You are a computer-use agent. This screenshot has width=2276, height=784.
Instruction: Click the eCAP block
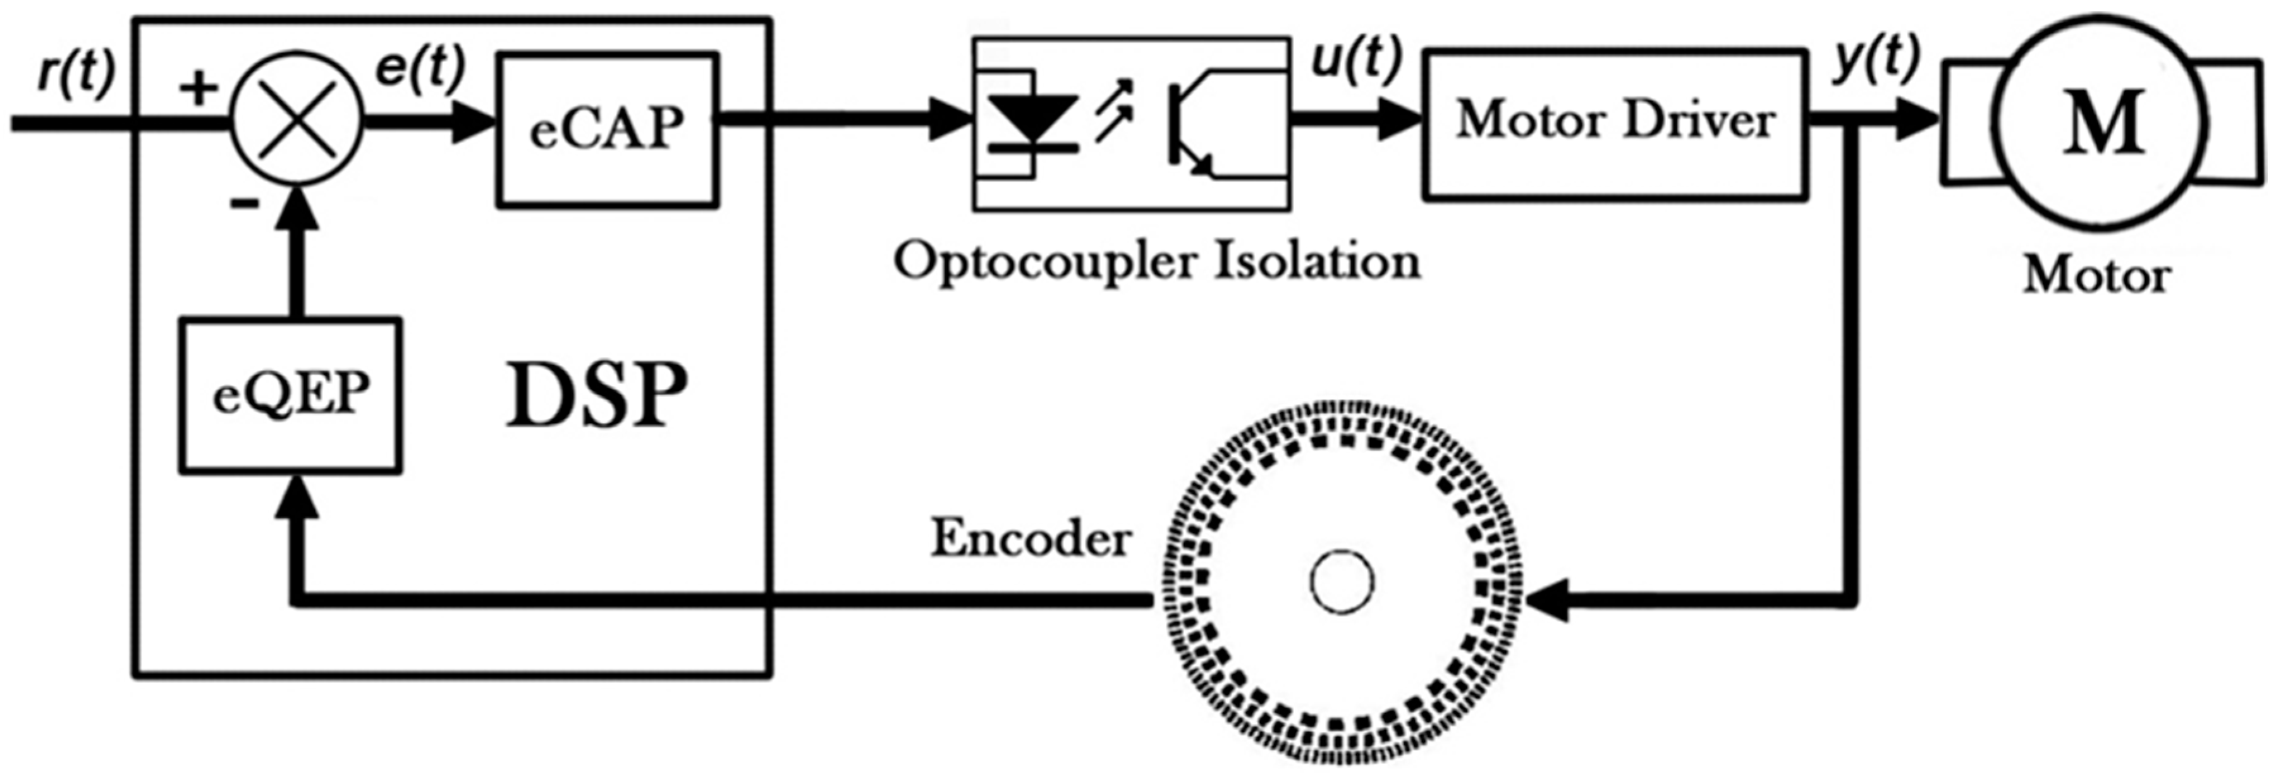click(607, 130)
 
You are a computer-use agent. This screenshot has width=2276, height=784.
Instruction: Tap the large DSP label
click(597, 395)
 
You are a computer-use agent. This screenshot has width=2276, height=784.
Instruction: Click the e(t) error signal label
click(419, 67)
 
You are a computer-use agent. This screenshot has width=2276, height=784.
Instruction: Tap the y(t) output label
click(1876, 60)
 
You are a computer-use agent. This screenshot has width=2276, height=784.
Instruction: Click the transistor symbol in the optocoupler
click(1194, 125)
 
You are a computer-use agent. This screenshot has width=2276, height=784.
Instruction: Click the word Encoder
click(1031, 537)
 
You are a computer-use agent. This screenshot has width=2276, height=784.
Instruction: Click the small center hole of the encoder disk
click(1341, 582)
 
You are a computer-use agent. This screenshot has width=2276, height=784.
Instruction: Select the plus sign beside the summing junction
click(199, 87)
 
